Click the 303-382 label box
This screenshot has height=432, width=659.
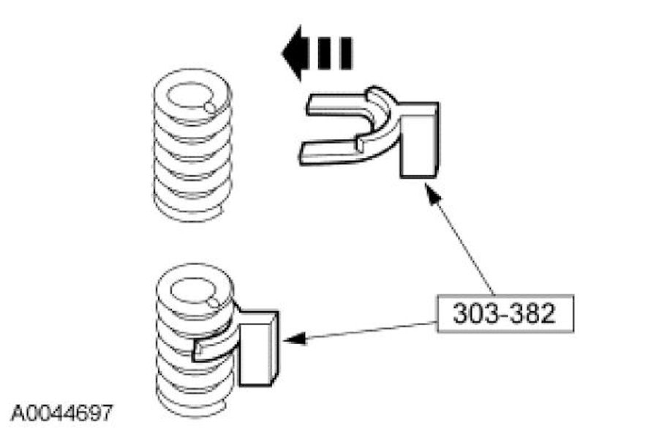(504, 314)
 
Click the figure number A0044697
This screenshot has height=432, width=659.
(61, 412)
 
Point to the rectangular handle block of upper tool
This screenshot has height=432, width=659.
(420, 139)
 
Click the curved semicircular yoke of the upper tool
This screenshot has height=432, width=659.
(385, 121)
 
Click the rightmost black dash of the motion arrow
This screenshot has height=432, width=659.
(343, 53)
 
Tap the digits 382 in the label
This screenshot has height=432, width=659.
(527, 314)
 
